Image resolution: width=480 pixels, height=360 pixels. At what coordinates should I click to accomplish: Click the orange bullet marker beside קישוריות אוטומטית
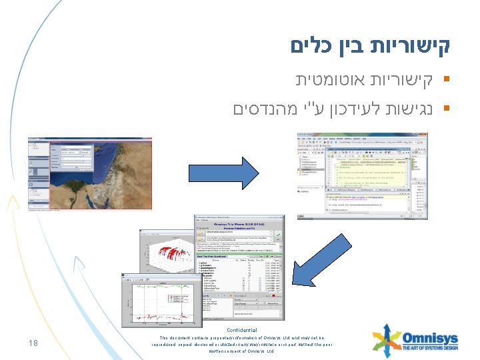[x=445, y=81]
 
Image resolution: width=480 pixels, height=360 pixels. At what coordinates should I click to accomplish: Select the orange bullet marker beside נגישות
[x=445, y=108]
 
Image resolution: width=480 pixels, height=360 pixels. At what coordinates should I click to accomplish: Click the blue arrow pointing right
[x=224, y=174]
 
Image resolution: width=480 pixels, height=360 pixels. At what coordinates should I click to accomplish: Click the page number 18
[x=32, y=343]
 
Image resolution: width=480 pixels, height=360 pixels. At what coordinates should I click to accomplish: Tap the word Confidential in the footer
[x=241, y=330]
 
